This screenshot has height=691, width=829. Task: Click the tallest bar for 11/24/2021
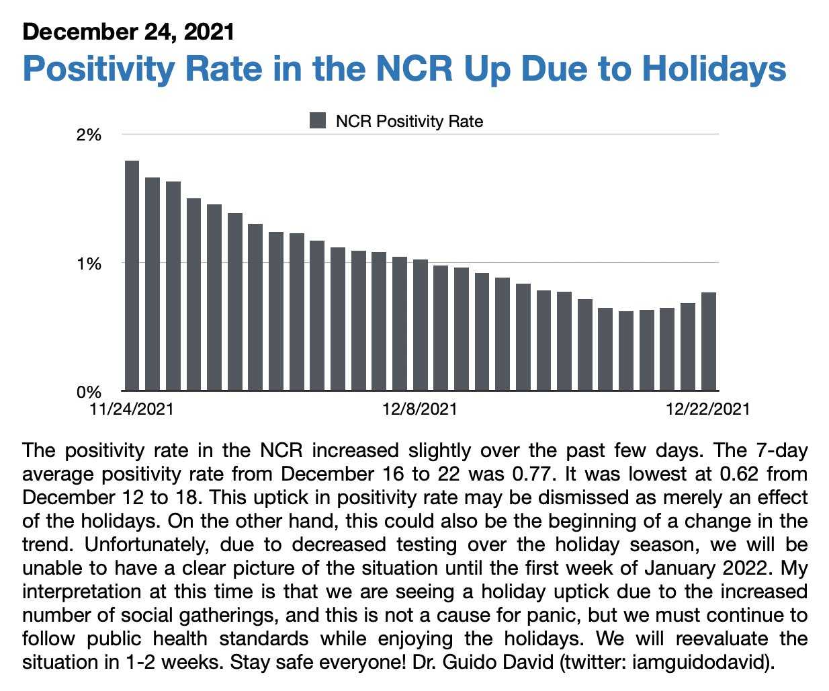[x=132, y=276]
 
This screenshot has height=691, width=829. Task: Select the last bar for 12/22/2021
[x=709, y=341]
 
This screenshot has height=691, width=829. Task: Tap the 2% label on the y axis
[x=89, y=135]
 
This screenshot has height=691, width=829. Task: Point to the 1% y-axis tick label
[x=89, y=263]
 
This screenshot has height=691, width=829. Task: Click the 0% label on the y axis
[x=89, y=392]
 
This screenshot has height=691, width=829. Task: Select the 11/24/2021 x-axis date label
[x=132, y=409]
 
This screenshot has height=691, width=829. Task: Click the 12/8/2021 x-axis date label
[x=420, y=409]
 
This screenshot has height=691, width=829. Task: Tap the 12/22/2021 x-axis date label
[x=707, y=409]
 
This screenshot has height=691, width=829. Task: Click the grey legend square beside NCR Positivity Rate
[x=318, y=121]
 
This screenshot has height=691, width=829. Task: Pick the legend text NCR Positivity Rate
[x=409, y=122]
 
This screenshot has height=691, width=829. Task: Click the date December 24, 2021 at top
[x=128, y=32]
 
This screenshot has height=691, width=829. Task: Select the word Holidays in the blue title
[x=714, y=69]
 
